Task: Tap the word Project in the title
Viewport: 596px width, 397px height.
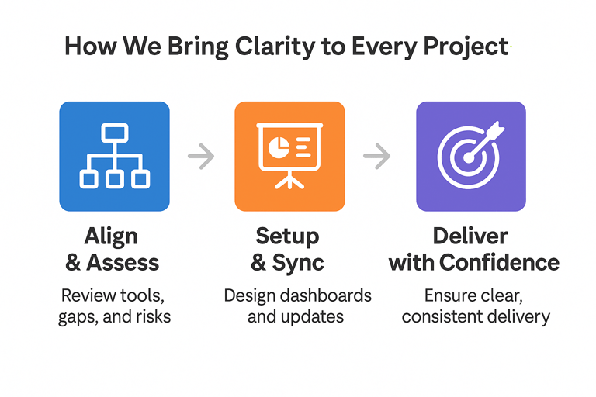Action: coord(466,47)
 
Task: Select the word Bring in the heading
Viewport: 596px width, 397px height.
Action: coord(198,47)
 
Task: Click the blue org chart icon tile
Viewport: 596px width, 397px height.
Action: coord(114,156)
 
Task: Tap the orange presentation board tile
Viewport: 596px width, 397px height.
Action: coord(289,156)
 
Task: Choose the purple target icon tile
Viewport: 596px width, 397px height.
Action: coord(471,156)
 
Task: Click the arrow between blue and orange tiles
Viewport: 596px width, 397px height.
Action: coord(201,156)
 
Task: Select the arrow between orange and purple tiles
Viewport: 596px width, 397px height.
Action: coord(376,156)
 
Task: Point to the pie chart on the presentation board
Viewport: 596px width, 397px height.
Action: coord(279,147)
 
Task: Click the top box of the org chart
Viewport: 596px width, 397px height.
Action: coord(114,133)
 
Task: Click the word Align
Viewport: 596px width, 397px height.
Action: coord(111,236)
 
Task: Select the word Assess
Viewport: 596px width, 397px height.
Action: coord(123,263)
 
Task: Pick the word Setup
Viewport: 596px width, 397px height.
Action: coord(287,236)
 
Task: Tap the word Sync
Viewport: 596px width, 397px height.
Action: coord(298,263)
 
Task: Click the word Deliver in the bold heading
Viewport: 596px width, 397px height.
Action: coord(470,236)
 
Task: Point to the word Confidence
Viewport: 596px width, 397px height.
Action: coord(500,263)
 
